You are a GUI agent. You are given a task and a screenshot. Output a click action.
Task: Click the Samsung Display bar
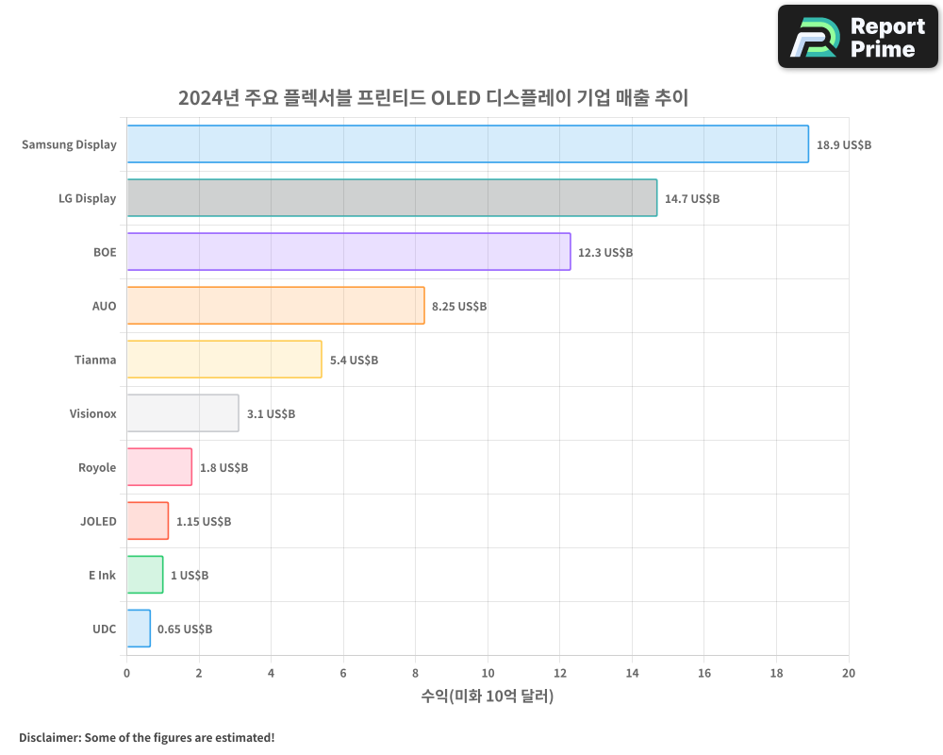[x=467, y=144]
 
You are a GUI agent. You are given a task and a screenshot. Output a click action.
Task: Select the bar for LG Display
[x=391, y=198]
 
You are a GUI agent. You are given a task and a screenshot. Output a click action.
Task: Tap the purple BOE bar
[x=348, y=252]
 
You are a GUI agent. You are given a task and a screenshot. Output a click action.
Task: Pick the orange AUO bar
[x=275, y=306]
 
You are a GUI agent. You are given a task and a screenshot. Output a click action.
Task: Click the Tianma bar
[x=223, y=360]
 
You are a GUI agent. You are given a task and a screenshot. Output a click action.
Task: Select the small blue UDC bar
[x=139, y=629]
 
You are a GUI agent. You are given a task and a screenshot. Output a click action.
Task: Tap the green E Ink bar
[x=144, y=575]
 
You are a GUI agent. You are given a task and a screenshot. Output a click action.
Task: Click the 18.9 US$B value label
[x=844, y=145]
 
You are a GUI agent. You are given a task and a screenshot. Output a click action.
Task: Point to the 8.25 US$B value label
[x=459, y=307]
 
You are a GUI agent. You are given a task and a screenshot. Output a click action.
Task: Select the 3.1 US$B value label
[x=271, y=414]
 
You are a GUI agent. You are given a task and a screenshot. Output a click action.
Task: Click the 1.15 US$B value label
[x=204, y=522]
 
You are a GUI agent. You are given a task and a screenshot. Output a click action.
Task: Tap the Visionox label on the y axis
[x=92, y=413]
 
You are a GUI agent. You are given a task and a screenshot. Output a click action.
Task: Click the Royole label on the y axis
[x=97, y=467]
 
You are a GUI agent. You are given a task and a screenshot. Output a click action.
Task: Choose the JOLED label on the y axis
[x=98, y=521]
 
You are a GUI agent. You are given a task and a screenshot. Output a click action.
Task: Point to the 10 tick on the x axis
[x=488, y=673]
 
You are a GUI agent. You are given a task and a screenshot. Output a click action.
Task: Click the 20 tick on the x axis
[x=849, y=673]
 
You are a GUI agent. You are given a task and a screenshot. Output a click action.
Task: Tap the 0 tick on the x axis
[x=127, y=673]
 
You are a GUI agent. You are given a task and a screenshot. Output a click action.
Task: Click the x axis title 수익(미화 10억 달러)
[x=488, y=696]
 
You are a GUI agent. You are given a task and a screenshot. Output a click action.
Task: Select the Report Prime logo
[x=858, y=37]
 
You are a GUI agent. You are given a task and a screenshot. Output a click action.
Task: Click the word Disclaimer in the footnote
[x=48, y=737]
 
